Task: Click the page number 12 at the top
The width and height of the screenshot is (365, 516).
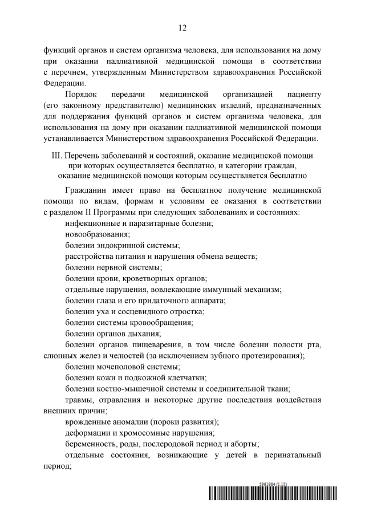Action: [182, 27]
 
